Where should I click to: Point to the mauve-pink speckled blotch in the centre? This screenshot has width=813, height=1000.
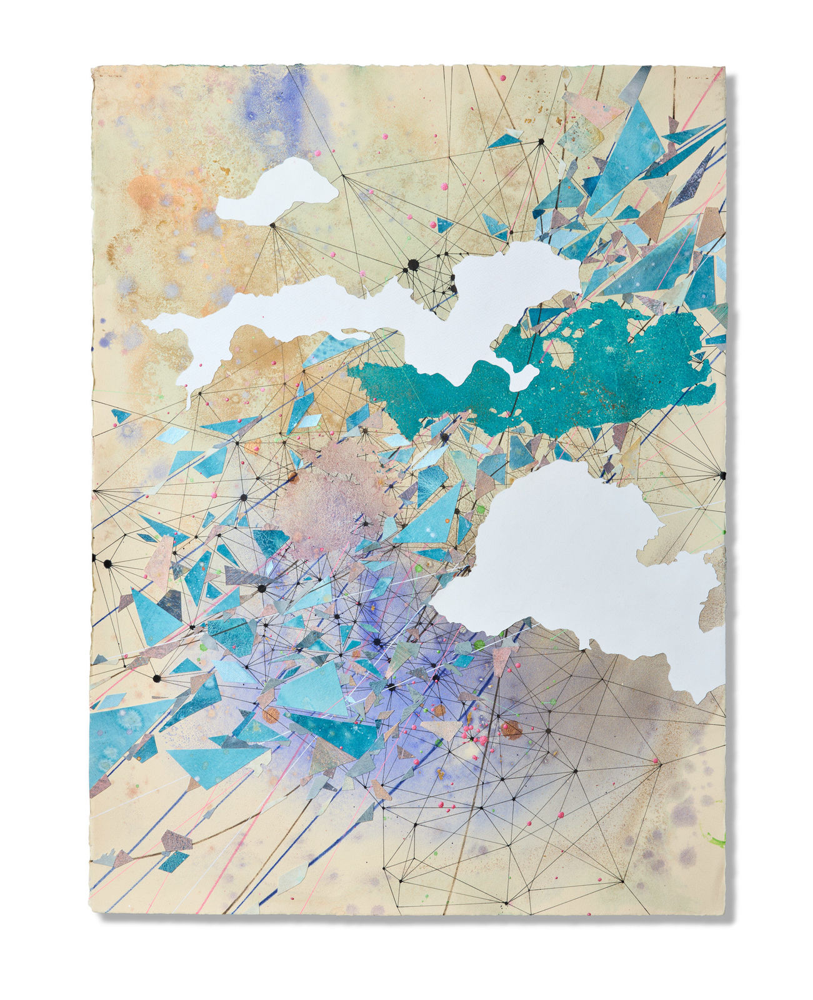325,500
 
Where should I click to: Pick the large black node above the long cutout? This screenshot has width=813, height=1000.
413,265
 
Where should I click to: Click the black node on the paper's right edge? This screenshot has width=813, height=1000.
722,476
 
